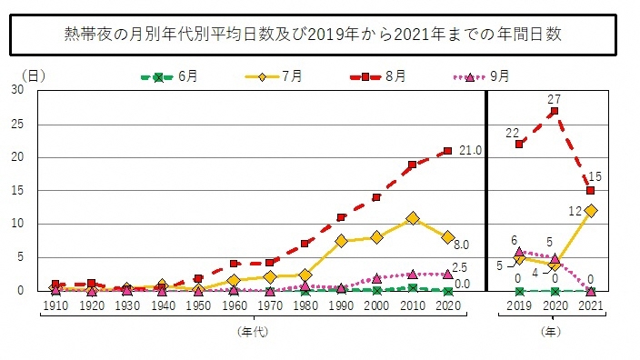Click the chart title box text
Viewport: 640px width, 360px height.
coord(319,35)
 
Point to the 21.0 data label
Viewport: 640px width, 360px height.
coord(469,150)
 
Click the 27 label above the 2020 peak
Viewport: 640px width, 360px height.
coord(554,98)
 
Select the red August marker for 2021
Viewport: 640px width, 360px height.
coord(590,191)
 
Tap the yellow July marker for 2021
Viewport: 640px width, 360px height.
coord(590,211)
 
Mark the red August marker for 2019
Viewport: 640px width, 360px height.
coord(519,144)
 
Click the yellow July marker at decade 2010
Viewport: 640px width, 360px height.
coord(412,218)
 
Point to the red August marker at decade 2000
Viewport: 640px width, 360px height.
coord(376,197)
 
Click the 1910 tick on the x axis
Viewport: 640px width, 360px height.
coord(55,307)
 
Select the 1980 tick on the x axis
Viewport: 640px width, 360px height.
coord(305,307)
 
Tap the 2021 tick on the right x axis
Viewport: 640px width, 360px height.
coord(590,307)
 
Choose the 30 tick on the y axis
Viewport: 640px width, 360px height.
coord(18,90)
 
